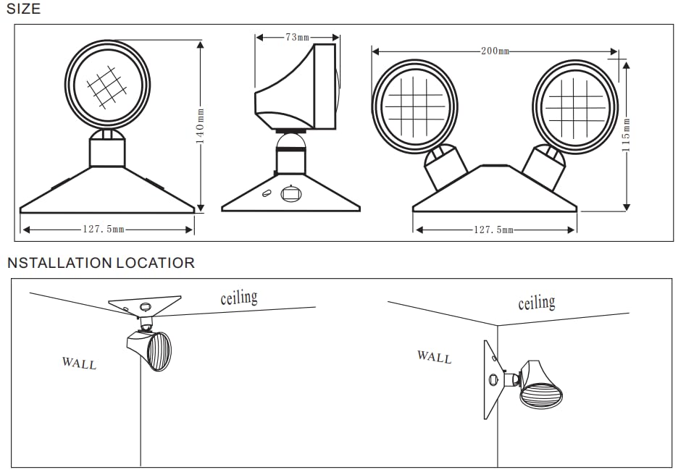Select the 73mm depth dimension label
[296, 37]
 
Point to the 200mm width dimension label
[495, 51]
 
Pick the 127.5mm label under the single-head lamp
[103, 230]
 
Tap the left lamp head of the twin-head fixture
[414, 106]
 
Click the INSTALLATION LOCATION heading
[101, 262]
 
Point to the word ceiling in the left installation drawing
[238, 297]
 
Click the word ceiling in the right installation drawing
[536, 303]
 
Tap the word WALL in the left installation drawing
[79, 362]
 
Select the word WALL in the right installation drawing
[434, 356]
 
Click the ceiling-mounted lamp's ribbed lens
[159, 352]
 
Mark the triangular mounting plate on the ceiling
[143, 304]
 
